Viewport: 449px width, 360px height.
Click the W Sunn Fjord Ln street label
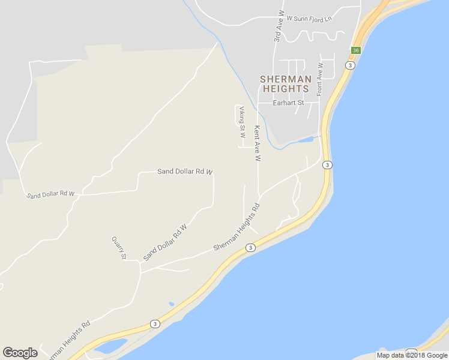point(309,19)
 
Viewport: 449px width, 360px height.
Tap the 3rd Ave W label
point(278,26)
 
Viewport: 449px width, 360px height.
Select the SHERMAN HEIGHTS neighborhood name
point(286,84)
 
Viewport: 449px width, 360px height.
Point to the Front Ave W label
point(320,79)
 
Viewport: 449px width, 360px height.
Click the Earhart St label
point(289,103)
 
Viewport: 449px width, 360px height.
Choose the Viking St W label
point(242,122)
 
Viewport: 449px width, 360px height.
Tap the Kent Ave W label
point(257,143)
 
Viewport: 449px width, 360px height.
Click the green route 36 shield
point(356,50)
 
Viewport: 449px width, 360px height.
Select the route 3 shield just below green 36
point(350,65)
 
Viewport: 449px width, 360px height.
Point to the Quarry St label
point(119,247)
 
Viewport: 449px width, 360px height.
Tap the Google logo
point(20,353)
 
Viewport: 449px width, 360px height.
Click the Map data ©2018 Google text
point(412,355)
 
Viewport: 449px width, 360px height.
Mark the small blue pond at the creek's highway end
point(306,140)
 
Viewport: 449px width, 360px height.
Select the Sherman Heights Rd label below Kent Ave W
point(237,227)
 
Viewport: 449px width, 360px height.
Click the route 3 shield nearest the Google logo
point(155,324)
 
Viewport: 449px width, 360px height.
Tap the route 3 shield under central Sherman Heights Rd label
point(250,247)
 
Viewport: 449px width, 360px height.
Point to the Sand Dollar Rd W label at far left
point(51,194)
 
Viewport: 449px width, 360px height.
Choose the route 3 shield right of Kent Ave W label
point(327,164)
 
